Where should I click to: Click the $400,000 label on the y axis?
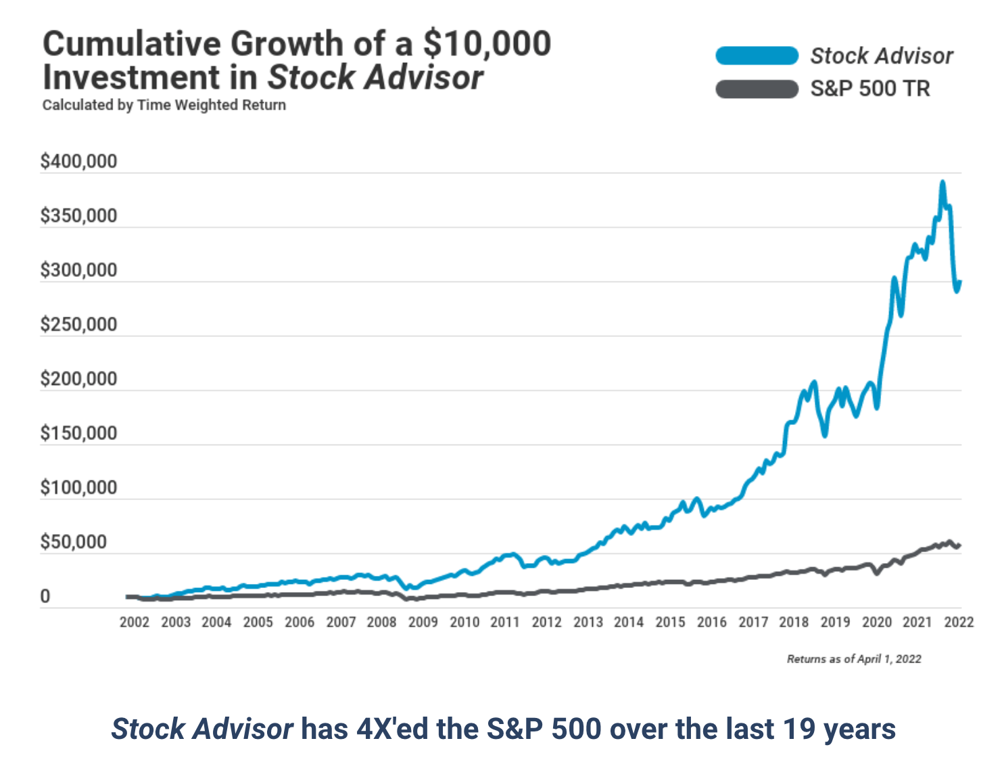coord(78,162)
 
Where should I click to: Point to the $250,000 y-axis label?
coord(78,325)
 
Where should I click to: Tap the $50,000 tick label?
coord(73,542)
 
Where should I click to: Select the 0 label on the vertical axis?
coord(45,597)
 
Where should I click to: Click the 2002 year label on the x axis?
coord(135,623)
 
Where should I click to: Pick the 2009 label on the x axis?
coord(423,623)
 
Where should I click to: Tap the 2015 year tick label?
coord(670,623)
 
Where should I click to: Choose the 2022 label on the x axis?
coord(959,623)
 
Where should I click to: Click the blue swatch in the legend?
coord(757,55)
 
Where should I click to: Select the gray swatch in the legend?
coord(757,89)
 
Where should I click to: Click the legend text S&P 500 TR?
coord(870,89)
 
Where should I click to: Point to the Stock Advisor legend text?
coord(882,55)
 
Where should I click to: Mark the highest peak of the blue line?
coord(943,182)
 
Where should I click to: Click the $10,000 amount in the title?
coord(487,44)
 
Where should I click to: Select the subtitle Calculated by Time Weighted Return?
coord(164,106)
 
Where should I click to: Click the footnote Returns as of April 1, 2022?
coord(854,659)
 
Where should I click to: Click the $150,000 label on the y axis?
coord(78,433)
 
